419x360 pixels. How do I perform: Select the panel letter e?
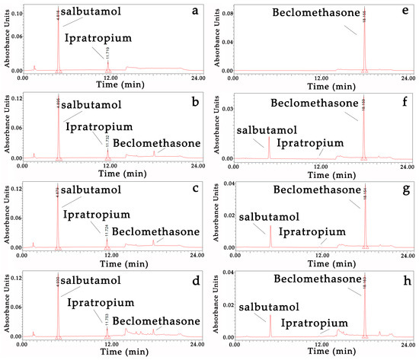401,12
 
